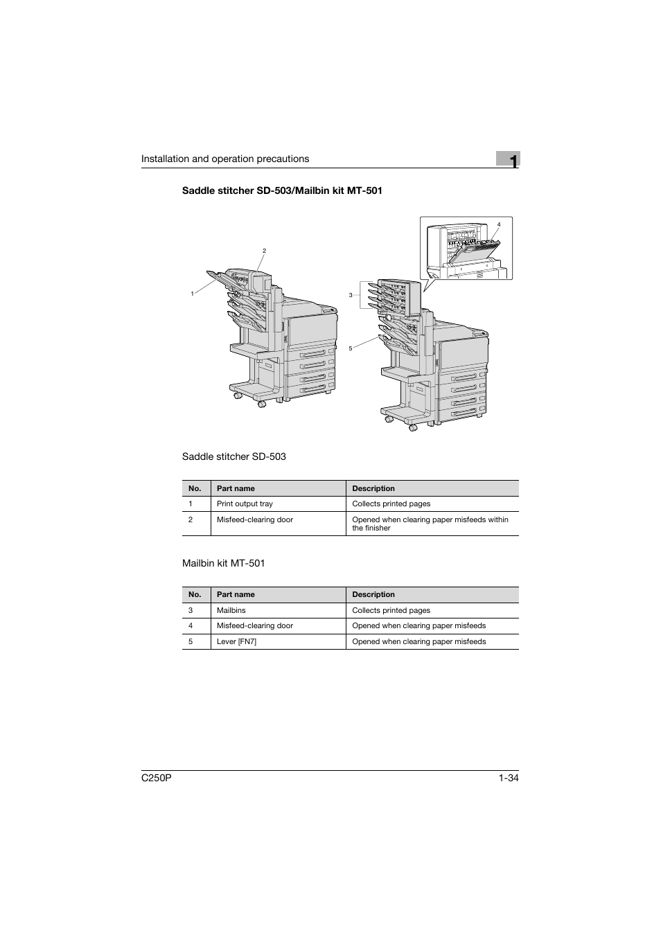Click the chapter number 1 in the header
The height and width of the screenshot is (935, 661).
[x=511, y=161]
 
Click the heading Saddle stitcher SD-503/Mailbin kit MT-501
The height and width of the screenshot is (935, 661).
[x=281, y=190]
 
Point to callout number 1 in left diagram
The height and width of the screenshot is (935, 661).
[x=192, y=294]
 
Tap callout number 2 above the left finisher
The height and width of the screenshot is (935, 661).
[x=264, y=251]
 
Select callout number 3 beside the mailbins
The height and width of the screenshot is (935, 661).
[x=351, y=295]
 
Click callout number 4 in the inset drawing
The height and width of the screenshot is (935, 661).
[x=498, y=224]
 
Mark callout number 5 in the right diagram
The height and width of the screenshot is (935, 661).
[x=351, y=348]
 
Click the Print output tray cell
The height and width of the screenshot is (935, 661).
[x=245, y=504]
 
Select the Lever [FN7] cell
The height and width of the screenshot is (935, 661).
[x=236, y=641]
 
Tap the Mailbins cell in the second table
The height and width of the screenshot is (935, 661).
[x=231, y=610]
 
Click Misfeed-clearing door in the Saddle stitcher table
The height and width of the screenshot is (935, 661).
[x=254, y=519]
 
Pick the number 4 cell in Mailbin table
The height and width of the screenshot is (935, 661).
[x=191, y=625]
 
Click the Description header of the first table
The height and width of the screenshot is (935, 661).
[x=373, y=488]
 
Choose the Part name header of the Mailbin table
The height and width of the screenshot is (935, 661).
[x=236, y=594]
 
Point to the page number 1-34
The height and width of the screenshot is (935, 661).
[x=508, y=778]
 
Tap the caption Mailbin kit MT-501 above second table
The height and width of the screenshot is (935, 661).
[x=223, y=563]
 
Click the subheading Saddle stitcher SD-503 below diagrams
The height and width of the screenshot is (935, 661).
[x=233, y=456]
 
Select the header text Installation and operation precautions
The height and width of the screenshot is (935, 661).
[x=225, y=159]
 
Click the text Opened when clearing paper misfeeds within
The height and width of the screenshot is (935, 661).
[x=430, y=519]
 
